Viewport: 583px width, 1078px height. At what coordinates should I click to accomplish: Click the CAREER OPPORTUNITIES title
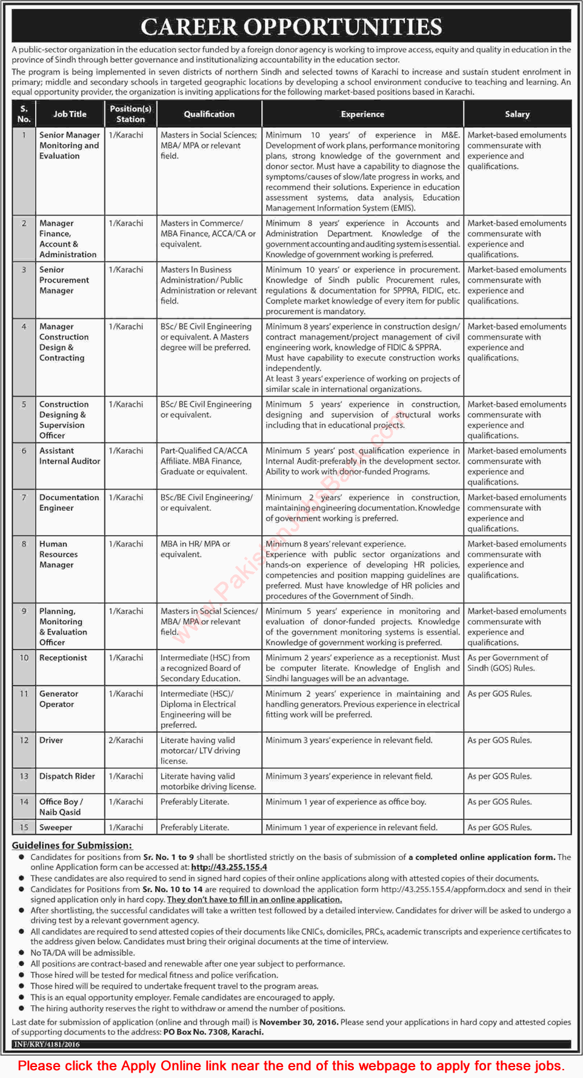(x=291, y=27)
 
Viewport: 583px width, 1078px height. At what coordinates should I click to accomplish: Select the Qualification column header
(x=209, y=114)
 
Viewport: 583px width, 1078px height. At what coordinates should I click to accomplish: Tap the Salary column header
(x=517, y=114)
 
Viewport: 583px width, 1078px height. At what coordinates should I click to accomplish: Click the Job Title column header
(x=70, y=114)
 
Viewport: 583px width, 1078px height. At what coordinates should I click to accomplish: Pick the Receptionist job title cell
(x=63, y=657)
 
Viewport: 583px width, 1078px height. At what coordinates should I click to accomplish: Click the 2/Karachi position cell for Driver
(x=126, y=740)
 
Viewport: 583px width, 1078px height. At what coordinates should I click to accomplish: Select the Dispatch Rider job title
(x=67, y=776)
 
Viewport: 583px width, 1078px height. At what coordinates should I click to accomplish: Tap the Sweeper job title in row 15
(x=56, y=827)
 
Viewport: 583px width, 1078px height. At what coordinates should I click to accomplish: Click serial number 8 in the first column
(x=24, y=544)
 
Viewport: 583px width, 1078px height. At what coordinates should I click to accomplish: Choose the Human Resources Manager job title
(x=58, y=554)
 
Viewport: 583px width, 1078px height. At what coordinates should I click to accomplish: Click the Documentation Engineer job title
(x=68, y=502)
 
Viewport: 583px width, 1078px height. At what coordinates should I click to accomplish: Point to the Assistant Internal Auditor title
(x=69, y=456)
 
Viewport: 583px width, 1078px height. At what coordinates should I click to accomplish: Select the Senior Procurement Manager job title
(x=64, y=280)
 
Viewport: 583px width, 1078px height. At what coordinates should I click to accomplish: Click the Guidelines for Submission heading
(x=72, y=845)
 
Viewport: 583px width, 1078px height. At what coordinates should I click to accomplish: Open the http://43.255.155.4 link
(x=228, y=867)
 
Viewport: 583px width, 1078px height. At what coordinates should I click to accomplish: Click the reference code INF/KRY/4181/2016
(x=47, y=1044)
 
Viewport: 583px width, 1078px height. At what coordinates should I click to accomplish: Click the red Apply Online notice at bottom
(x=291, y=1065)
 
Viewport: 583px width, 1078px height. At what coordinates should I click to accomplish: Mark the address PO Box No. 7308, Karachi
(x=213, y=1032)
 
